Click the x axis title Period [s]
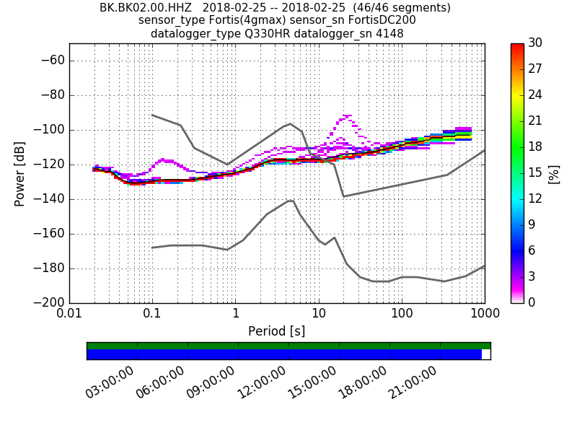[277, 331]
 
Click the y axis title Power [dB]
[20, 173]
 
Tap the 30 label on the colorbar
[536, 43]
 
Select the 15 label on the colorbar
[536, 173]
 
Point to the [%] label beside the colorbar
[554, 173]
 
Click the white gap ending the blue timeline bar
[486, 354]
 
